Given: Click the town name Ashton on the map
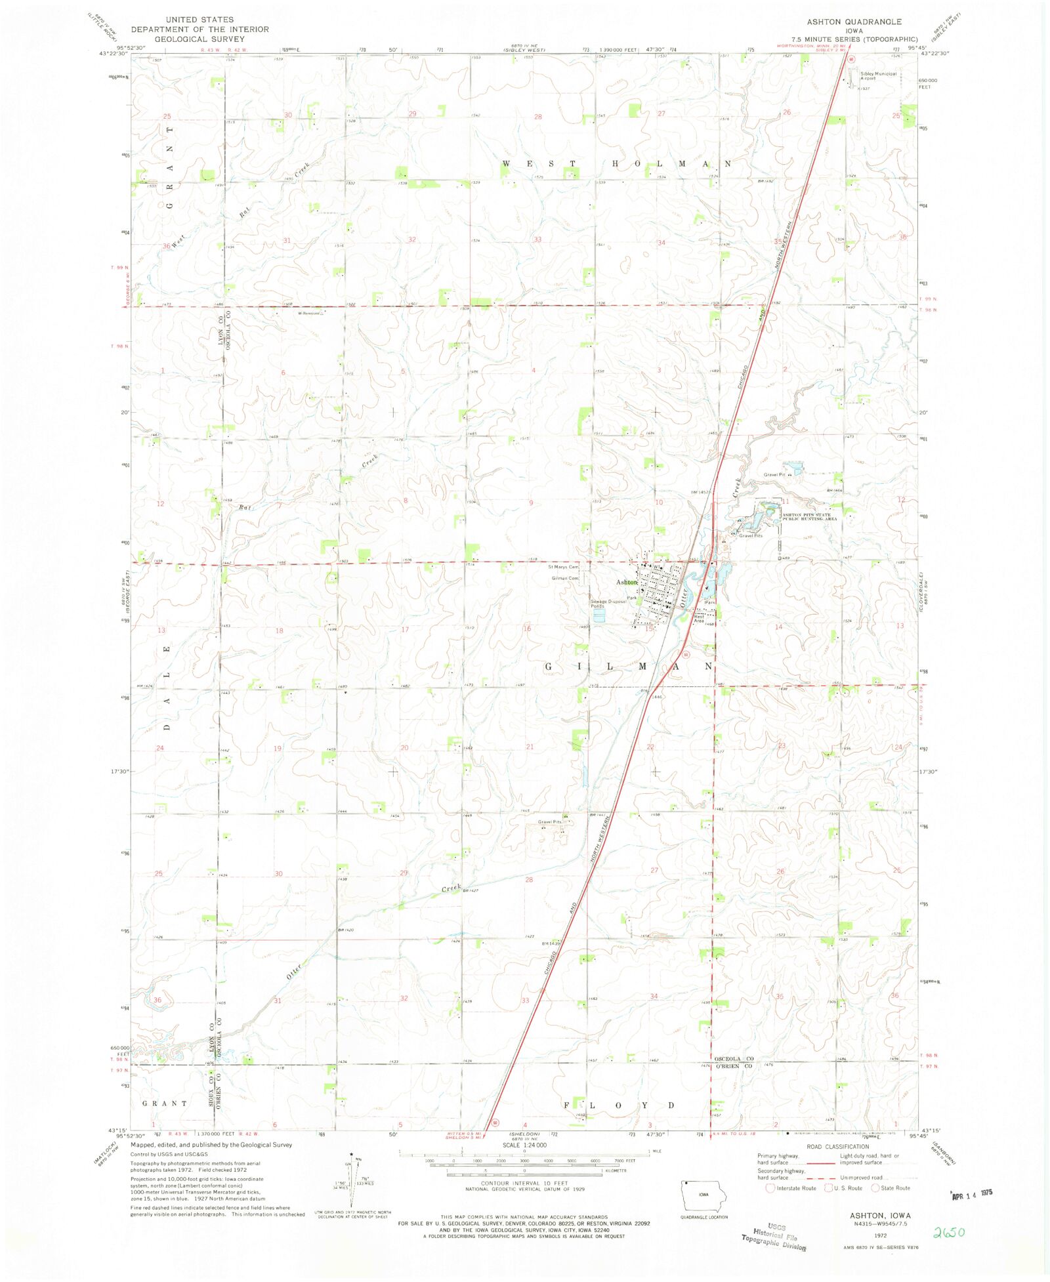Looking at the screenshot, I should point(627,582).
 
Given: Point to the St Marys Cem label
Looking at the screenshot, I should point(563,567).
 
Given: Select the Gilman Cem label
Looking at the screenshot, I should point(565,578).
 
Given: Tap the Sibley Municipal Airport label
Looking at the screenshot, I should point(878,76).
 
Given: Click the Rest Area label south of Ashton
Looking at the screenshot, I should point(700,618).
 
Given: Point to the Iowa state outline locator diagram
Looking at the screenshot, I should point(703,1198).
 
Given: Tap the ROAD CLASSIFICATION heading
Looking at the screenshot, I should point(838,1147).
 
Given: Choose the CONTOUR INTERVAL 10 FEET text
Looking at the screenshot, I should point(524,1184).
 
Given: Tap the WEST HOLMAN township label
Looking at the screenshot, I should point(617,163).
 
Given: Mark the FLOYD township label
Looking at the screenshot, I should point(619,1106).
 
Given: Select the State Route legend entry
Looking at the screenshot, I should point(891,1188).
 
